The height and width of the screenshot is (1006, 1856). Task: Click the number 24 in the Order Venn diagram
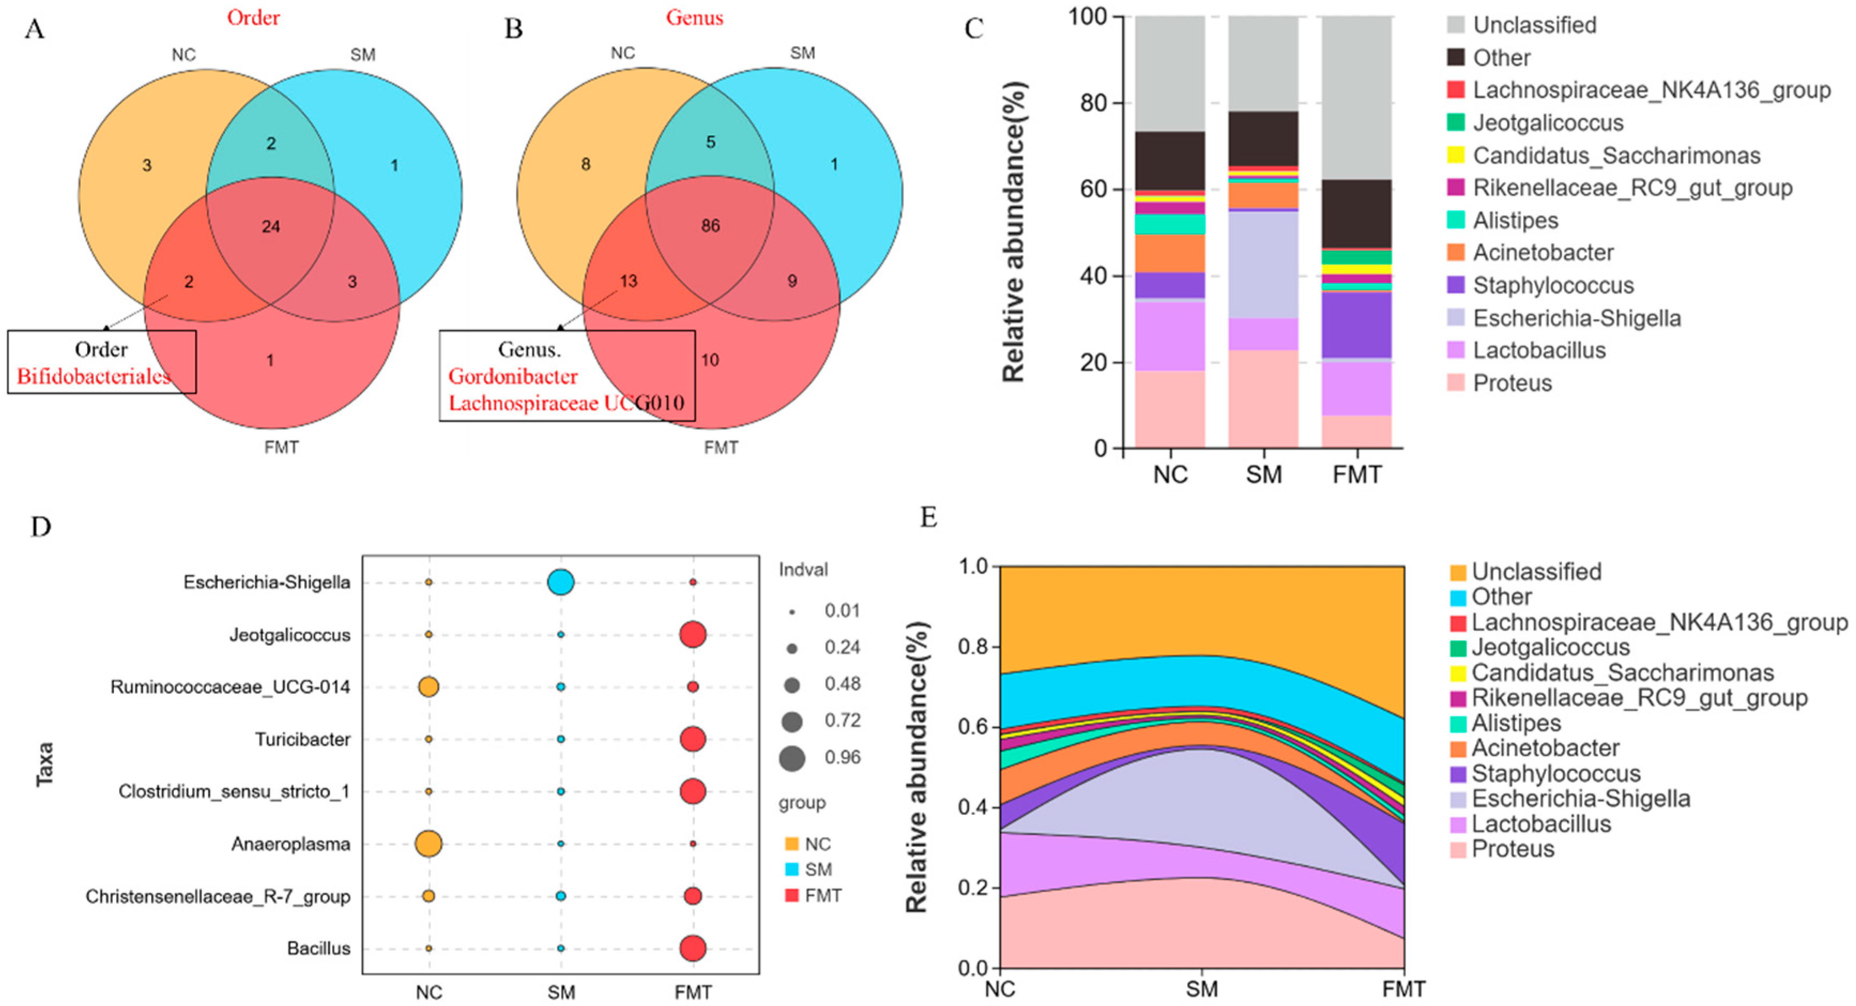tap(271, 226)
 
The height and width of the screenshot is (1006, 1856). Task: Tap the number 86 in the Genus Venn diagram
tap(710, 226)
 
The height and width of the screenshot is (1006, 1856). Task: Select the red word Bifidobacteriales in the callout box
tap(94, 376)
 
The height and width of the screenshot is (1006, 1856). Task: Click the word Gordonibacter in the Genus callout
tap(513, 376)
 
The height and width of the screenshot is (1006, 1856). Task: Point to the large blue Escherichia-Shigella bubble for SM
tap(561, 582)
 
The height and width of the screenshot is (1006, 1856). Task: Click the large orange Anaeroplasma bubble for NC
tap(428, 843)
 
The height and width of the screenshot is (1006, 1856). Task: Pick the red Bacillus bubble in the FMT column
tap(693, 948)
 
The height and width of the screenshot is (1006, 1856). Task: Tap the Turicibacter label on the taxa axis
tap(303, 740)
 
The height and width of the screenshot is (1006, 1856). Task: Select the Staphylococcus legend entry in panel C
tap(1553, 285)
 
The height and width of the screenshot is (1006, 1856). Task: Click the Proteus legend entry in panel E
tap(1512, 849)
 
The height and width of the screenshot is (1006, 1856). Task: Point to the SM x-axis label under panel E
tap(1202, 989)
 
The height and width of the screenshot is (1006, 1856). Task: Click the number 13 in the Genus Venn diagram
tap(628, 281)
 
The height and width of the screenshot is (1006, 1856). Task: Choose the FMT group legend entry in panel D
tap(822, 896)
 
